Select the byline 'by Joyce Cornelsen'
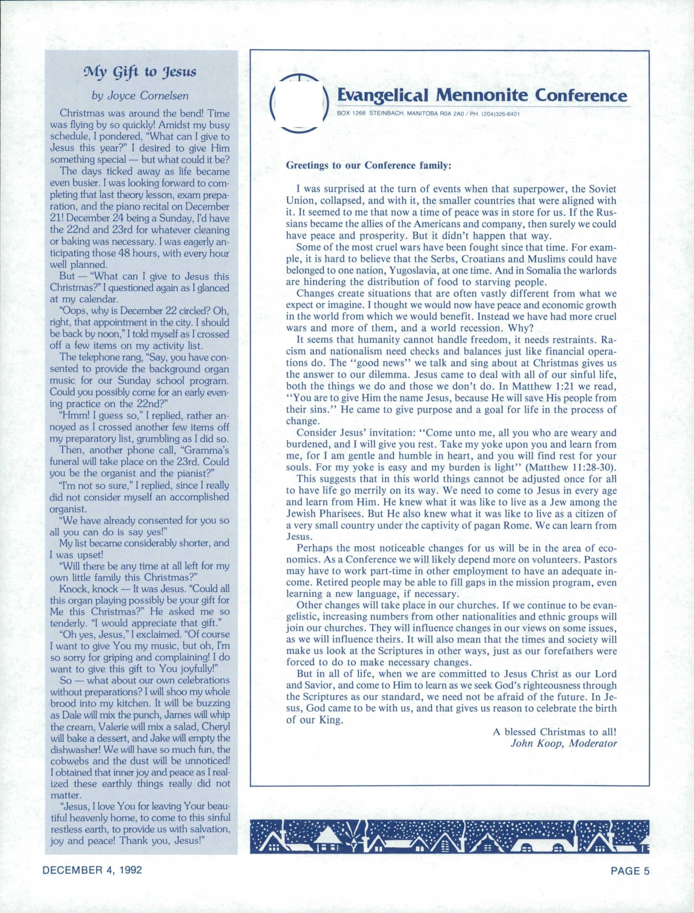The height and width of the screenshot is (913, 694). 140,96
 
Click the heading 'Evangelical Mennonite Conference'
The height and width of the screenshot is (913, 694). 482,96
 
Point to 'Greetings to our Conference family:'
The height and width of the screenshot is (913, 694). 369,166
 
